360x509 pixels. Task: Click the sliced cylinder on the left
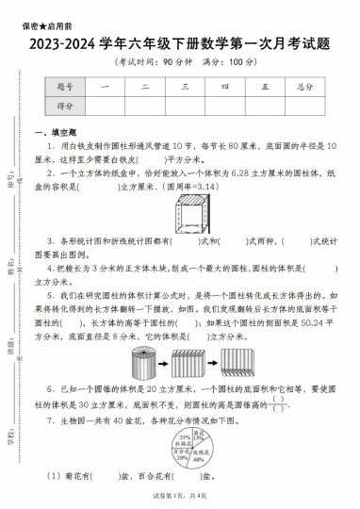point(139,358)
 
